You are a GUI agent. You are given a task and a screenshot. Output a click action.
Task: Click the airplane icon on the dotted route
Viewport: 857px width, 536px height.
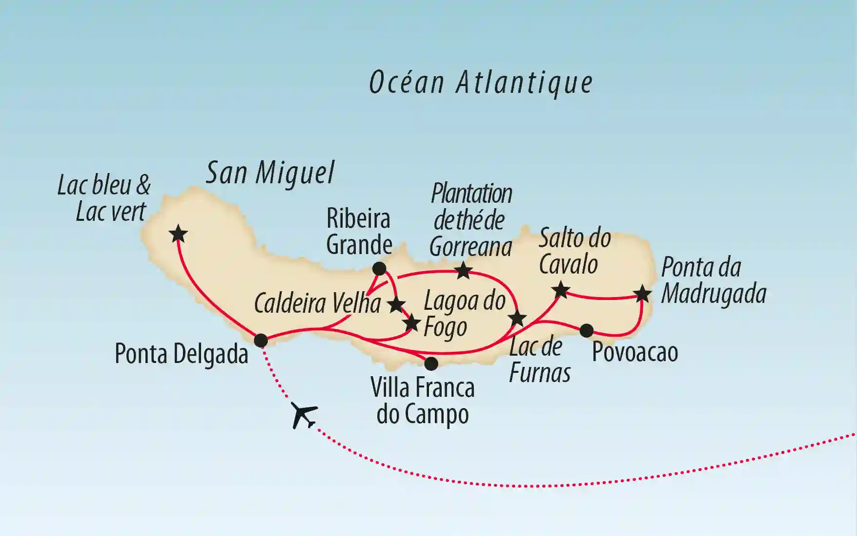coord(303,415)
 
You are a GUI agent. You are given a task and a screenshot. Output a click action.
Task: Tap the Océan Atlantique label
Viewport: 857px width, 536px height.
coord(481,82)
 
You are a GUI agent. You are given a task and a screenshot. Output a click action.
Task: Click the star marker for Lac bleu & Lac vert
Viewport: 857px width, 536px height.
coord(178,234)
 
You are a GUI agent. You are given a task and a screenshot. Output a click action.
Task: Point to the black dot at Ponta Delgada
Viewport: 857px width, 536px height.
coord(261,340)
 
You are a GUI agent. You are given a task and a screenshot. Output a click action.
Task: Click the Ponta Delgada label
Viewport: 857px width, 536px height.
coord(182,354)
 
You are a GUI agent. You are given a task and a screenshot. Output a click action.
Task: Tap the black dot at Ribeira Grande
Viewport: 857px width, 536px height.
coord(379,268)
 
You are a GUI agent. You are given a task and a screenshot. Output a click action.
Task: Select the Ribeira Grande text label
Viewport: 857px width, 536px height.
coord(359,232)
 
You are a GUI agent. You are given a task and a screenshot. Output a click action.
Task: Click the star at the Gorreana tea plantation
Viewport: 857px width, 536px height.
coord(463,270)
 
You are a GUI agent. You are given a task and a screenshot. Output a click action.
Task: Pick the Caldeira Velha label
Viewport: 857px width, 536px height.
coord(317,303)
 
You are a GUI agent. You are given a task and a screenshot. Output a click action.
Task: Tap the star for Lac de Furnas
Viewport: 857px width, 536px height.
coord(517,319)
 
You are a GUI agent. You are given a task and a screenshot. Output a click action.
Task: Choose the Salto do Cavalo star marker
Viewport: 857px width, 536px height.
coord(561,290)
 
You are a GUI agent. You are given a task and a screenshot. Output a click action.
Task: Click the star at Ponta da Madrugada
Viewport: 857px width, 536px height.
coord(642,294)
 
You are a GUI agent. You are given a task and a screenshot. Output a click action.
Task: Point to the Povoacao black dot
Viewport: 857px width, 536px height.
coord(586,331)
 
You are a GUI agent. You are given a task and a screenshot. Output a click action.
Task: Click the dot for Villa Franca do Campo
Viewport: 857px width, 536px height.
coord(431,363)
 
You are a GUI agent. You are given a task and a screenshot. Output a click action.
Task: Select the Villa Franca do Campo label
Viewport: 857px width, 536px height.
coord(423,401)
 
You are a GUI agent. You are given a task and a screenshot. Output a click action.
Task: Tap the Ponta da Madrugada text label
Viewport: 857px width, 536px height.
coord(713,281)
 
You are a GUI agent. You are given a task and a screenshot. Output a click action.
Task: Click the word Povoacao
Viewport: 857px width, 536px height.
coord(635,352)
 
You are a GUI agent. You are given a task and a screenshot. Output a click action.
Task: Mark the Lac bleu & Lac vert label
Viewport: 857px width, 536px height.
coord(104,198)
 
